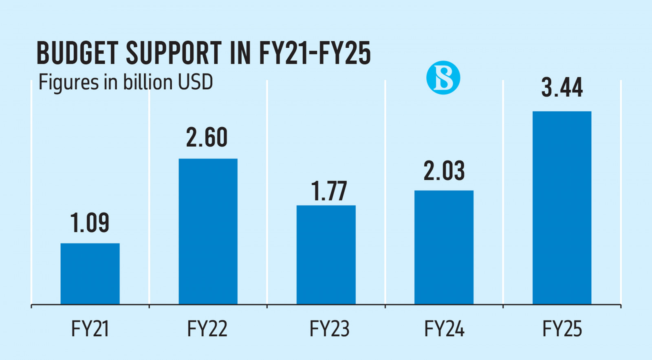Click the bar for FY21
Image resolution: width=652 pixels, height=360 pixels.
(x=90, y=274)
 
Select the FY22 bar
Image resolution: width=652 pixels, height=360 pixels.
(x=208, y=231)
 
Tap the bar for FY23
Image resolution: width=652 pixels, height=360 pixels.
(x=326, y=254)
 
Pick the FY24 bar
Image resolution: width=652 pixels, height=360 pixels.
(x=444, y=247)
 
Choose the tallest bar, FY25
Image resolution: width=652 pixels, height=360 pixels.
(x=562, y=208)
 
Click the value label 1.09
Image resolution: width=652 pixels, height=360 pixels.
(x=90, y=223)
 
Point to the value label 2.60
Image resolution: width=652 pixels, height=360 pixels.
(x=207, y=137)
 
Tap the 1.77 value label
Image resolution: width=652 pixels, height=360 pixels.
(x=329, y=191)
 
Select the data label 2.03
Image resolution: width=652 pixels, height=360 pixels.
(x=444, y=171)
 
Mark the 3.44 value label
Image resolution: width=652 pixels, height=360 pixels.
(x=562, y=88)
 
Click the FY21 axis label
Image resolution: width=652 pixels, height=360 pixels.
(x=90, y=329)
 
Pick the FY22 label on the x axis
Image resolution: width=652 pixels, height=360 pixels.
(x=207, y=329)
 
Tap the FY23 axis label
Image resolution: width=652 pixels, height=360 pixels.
(x=329, y=329)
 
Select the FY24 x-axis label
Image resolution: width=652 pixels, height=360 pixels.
(x=444, y=329)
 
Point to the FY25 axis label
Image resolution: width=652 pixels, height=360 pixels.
(x=562, y=329)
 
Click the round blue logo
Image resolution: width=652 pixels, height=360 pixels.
(x=443, y=77)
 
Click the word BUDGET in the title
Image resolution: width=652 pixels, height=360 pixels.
(x=77, y=53)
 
